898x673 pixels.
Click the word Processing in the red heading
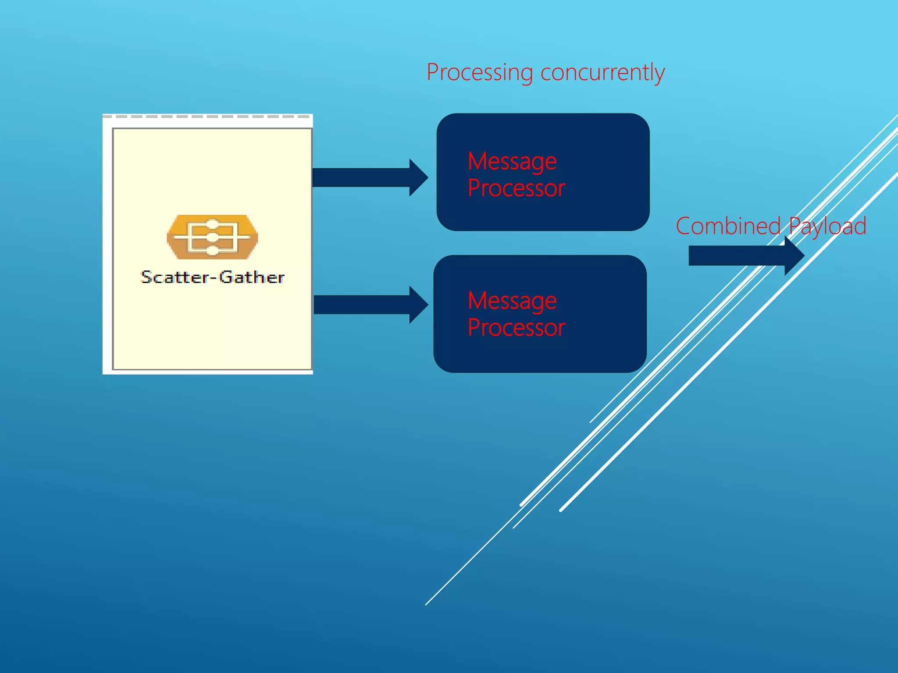479,73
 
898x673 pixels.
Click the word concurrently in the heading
602,73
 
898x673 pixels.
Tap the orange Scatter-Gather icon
212,237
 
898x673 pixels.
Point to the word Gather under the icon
252,277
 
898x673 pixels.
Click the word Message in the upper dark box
512,162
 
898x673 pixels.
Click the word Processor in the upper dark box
517,188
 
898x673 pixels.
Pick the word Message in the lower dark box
512,301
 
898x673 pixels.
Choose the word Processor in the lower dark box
517,328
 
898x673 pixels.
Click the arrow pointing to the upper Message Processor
368,177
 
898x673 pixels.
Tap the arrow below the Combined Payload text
741,255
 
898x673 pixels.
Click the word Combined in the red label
728,227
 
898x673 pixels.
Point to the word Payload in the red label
828,227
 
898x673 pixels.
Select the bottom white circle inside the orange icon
212,251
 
